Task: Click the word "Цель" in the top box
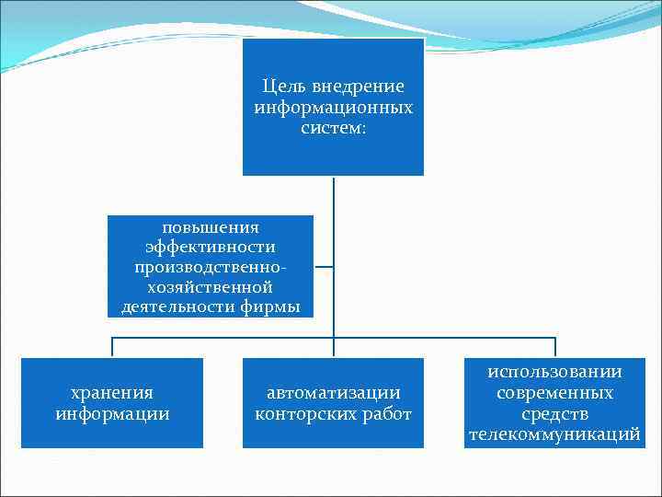pyautogui.click(x=283, y=87)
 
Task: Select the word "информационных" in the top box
pyautogui.click(x=333, y=108)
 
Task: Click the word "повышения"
pyautogui.click(x=211, y=226)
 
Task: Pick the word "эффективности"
pyautogui.click(x=211, y=247)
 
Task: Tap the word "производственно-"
pyautogui.click(x=211, y=267)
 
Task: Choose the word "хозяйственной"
pyautogui.click(x=211, y=287)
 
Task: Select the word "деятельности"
pyautogui.click(x=177, y=307)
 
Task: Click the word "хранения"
pyautogui.click(x=112, y=393)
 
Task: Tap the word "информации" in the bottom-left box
pyautogui.click(x=112, y=413)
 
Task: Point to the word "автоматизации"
pyautogui.click(x=333, y=393)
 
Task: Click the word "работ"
pyautogui.click(x=386, y=413)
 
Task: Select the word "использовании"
pyautogui.click(x=554, y=372)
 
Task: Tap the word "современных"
pyautogui.click(x=554, y=393)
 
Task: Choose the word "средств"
pyautogui.click(x=554, y=413)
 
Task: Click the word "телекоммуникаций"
pyautogui.click(x=554, y=434)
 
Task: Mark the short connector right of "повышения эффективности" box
pyautogui.click(x=324, y=268)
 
